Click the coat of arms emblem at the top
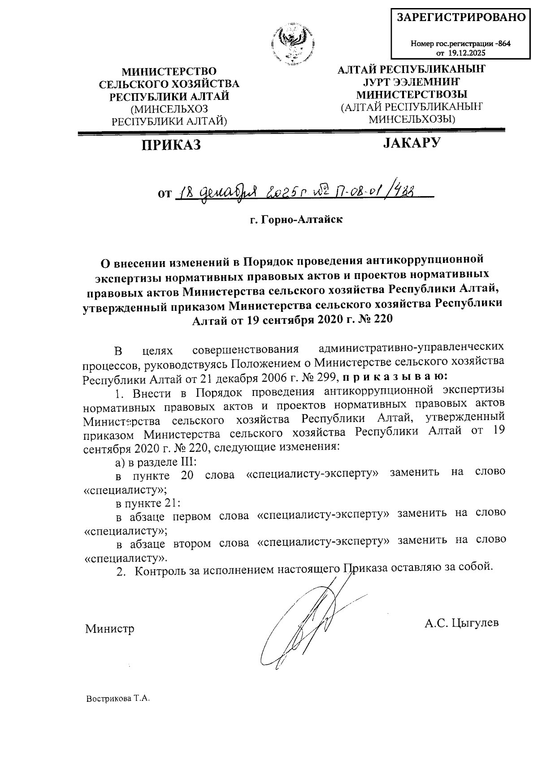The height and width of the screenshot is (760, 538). click(x=292, y=45)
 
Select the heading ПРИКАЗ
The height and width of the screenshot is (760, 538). click(x=171, y=145)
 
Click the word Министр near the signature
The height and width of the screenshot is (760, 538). click(x=110, y=629)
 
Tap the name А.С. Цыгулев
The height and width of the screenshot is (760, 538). click(x=461, y=623)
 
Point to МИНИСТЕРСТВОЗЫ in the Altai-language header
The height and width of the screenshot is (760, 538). click(x=412, y=94)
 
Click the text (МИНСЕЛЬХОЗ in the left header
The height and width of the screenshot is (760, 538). click(x=169, y=109)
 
